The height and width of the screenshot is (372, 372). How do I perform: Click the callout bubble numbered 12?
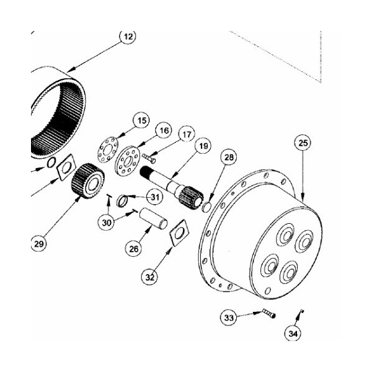click(x=128, y=36)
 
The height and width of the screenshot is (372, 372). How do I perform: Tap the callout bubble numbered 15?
click(x=142, y=120)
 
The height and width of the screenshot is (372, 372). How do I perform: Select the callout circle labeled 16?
click(x=164, y=131)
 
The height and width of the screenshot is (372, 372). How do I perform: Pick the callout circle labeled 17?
click(x=187, y=135)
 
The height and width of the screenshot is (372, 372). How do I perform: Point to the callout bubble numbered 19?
click(x=203, y=146)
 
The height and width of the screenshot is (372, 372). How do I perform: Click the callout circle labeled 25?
click(x=303, y=143)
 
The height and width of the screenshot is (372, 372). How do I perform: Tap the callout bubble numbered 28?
click(x=229, y=157)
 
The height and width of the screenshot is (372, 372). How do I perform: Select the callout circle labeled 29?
click(x=39, y=244)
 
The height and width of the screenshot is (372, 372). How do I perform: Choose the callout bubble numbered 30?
click(x=107, y=223)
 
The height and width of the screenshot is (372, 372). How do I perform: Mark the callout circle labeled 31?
click(x=154, y=197)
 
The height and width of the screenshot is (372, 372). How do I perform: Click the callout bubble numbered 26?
click(x=133, y=249)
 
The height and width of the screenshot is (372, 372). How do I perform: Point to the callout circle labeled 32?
click(x=149, y=277)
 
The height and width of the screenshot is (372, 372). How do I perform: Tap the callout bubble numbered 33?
click(x=229, y=317)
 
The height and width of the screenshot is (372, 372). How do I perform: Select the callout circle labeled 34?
click(x=293, y=334)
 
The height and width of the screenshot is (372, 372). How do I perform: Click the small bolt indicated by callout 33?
click(x=269, y=313)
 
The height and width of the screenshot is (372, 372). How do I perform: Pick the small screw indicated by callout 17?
click(x=149, y=158)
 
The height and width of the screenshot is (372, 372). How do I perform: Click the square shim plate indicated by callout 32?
click(x=179, y=233)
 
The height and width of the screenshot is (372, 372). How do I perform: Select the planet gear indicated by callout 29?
click(x=88, y=180)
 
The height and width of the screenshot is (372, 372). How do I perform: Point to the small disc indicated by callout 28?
click(x=206, y=206)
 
